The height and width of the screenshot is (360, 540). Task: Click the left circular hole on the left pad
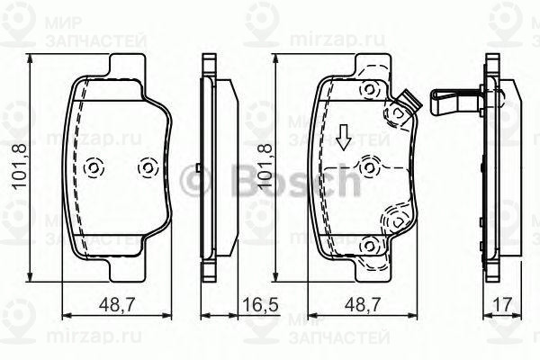pyautogui.click(x=93, y=168)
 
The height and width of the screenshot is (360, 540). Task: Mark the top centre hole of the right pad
pyautogui.click(x=367, y=88)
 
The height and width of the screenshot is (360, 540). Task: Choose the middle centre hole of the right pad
pyautogui.click(x=367, y=166)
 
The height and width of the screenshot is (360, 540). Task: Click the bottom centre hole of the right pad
pyautogui.click(x=367, y=246)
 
